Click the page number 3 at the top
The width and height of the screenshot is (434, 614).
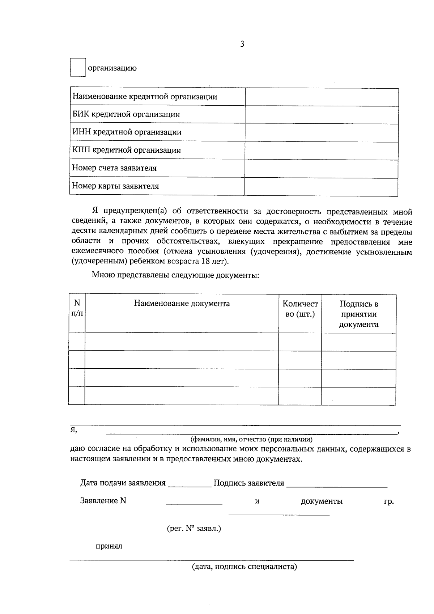click(x=242, y=45)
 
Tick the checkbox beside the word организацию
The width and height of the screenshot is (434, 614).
click(x=78, y=67)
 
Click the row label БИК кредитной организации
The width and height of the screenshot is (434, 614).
click(x=126, y=115)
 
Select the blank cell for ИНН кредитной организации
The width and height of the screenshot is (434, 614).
click(x=322, y=132)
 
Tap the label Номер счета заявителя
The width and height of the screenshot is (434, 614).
click(x=114, y=168)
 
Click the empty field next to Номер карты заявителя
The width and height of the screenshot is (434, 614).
click(x=322, y=187)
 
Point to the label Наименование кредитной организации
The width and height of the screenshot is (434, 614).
click(x=145, y=97)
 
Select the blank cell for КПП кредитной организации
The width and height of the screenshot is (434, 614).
click(x=322, y=151)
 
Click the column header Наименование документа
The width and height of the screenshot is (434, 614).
click(x=182, y=304)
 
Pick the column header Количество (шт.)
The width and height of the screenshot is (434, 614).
click(x=300, y=309)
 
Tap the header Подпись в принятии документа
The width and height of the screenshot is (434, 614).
click(x=358, y=314)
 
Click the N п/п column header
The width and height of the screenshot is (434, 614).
click(x=77, y=308)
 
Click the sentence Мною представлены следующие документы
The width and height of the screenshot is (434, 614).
click(x=175, y=275)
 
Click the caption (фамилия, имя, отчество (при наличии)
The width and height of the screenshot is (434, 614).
click(x=251, y=440)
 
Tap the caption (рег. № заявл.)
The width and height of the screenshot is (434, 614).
click(x=194, y=529)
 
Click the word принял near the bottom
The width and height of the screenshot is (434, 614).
click(x=109, y=546)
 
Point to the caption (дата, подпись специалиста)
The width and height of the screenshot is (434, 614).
click(x=244, y=567)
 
